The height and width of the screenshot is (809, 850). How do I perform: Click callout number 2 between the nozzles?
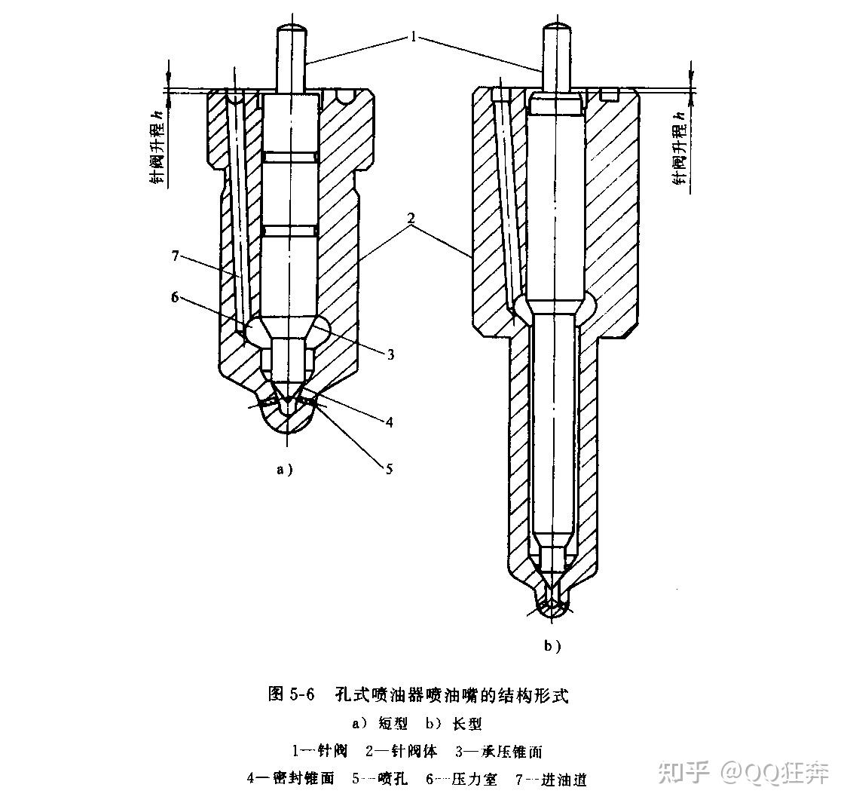411,219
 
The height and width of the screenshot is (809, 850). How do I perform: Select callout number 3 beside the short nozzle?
391,353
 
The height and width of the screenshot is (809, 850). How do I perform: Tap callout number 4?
390,422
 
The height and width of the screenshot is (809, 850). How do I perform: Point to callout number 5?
389,469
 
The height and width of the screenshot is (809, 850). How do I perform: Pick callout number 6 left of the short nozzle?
175,298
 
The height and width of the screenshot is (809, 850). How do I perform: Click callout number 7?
175,257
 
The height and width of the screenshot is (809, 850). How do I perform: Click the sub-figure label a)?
284,469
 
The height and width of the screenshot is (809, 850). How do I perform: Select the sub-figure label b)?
552,645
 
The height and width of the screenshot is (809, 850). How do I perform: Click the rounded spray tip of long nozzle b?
553,612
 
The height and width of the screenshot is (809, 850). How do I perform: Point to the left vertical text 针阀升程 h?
155,147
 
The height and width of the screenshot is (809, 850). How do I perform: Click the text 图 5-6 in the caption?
290,694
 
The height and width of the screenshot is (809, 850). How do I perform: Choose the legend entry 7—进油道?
551,780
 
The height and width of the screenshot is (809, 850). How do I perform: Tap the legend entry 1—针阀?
320,751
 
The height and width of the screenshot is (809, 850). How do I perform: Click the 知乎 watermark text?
683,771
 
